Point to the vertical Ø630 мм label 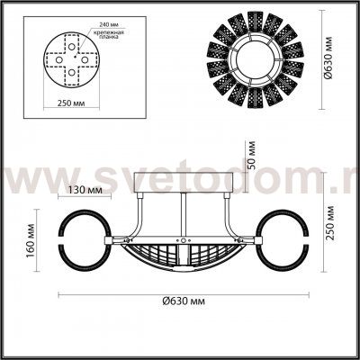point(335,55)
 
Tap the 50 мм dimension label point(253,156)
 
